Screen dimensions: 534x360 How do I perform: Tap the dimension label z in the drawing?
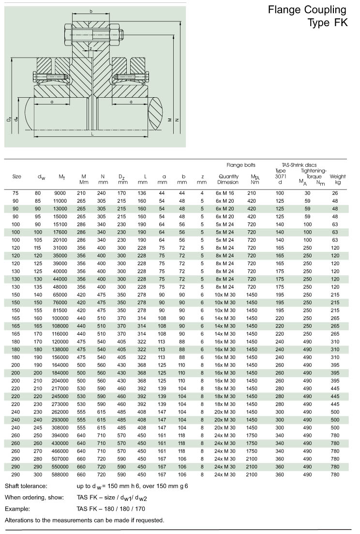pyautogui.click(x=90, y=48)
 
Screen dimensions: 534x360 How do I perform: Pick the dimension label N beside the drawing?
pyautogui.click(x=178, y=119)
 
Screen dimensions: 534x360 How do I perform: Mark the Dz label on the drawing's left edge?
pyautogui.click(x=9, y=119)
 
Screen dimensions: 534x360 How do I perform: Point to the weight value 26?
pyautogui.click(x=335, y=193)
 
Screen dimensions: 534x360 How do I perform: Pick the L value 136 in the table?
pyautogui.click(x=142, y=193)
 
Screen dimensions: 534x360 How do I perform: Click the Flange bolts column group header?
pyautogui.click(x=241, y=165)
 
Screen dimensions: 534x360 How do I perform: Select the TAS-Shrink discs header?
pyautogui.click(x=299, y=165)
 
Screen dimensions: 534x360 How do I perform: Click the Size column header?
pyautogui.click(x=16, y=177)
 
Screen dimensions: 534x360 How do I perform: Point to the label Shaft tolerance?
pyautogui.click(x=26, y=486)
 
